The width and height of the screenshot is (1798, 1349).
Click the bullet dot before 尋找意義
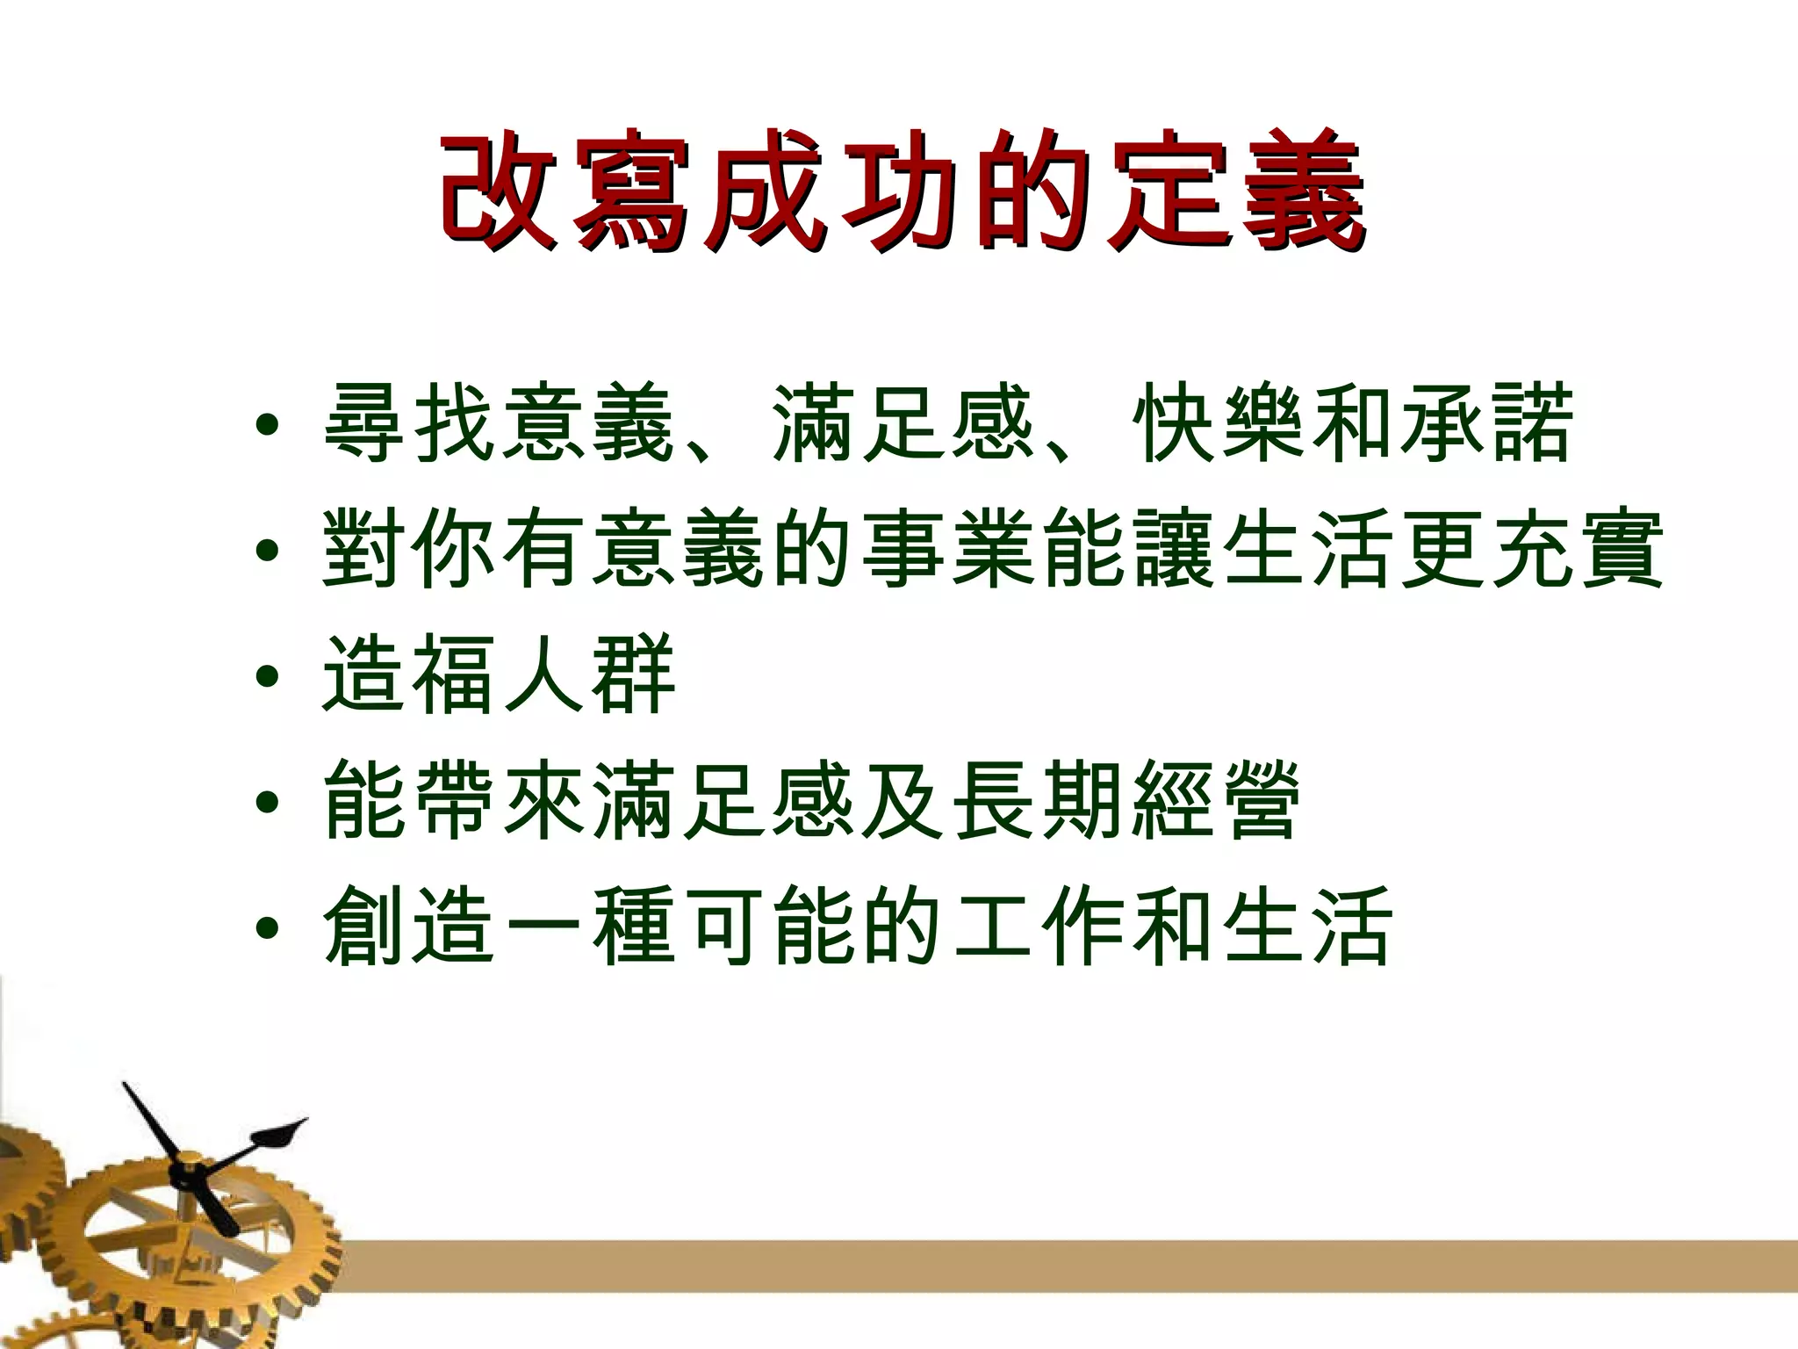269,429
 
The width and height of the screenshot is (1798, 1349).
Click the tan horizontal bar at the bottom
1054,1266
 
